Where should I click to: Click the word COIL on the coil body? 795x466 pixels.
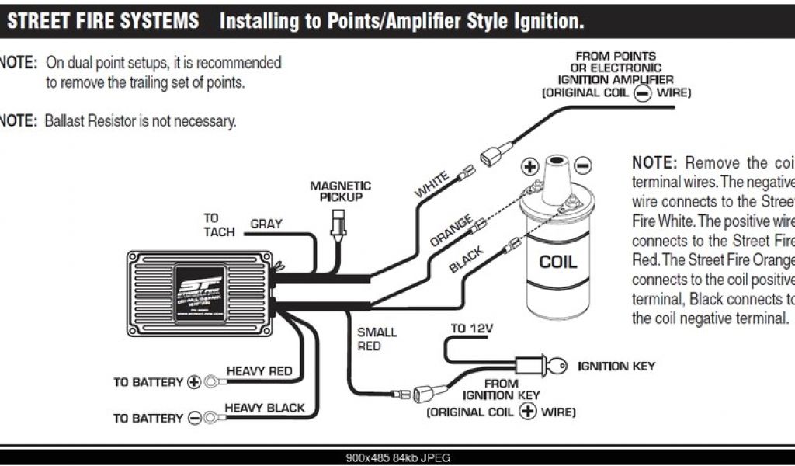pyautogui.click(x=559, y=261)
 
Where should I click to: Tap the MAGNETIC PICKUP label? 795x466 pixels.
pyautogui.click(x=340, y=192)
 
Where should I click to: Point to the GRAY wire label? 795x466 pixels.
pyautogui.click(x=266, y=224)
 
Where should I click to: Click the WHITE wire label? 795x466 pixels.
pyautogui.click(x=432, y=187)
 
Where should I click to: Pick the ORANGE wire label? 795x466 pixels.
pyautogui.click(x=451, y=231)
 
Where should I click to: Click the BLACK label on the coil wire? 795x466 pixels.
pyautogui.click(x=467, y=260)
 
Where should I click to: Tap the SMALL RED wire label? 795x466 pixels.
pyautogui.click(x=377, y=339)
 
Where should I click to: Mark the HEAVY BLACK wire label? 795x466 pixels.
pyautogui.click(x=265, y=407)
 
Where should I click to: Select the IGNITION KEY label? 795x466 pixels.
pyautogui.click(x=616, y=365)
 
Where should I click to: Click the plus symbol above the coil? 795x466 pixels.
pyautogui.click(x=529, y=166)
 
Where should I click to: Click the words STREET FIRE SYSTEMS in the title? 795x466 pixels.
pyautogui.click(x=102, y=21)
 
